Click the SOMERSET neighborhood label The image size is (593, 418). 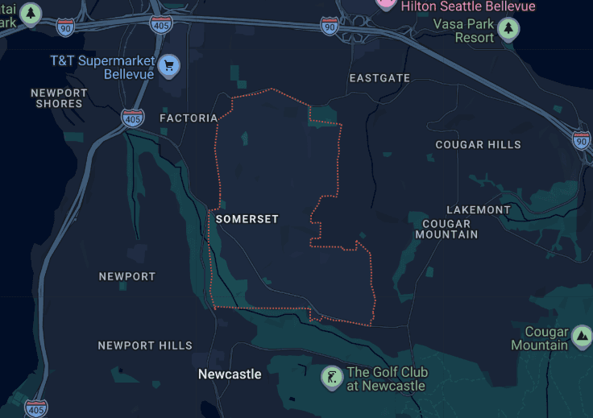coord(247,219)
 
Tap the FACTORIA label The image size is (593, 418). coord(189,118)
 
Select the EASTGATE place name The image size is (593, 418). coord(379,78)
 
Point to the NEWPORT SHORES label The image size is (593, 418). coord(59,98)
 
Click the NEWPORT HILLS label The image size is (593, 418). coord(145,346)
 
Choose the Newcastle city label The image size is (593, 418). coord(230,375)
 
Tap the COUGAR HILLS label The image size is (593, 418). coord(478,145)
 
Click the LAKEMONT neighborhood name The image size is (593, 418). coord(479,210)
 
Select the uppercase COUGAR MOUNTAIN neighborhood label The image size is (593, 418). coord(446,230)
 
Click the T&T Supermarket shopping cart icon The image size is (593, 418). coord(168,66)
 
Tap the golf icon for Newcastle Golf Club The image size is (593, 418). coord(331,376)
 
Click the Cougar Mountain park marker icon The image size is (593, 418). coord(582,335)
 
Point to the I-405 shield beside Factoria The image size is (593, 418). coord(133,118)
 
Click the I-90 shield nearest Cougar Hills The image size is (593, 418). coord(582,139)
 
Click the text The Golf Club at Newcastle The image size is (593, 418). coord(387,379)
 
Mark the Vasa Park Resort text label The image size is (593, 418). coord(463,31)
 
